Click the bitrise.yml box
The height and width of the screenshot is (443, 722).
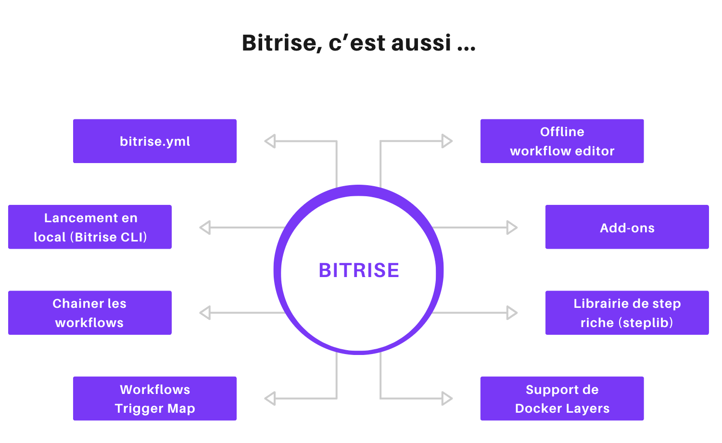coord(154,141)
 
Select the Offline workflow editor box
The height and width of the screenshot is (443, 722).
coord(562,141)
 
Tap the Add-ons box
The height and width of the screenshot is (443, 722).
coord(627,227)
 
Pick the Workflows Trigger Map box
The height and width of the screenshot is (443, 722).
coord(154,398)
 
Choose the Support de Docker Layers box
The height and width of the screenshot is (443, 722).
coord(562,398)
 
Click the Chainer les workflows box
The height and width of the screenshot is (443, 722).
coord(89,313)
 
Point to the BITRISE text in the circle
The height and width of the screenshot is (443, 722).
coord(359,270)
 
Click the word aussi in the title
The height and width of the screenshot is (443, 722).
coord(421,43)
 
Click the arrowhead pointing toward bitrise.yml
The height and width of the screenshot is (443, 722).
coord(270,141)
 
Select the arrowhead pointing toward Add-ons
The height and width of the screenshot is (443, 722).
coord(512,228)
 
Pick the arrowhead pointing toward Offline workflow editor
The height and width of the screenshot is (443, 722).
coord(447,141)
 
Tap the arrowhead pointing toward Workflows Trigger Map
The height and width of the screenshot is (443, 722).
coord(270,398)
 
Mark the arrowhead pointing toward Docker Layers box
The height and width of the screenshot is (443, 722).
coord(447,398)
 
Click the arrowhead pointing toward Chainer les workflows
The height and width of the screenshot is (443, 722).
coord(205,313)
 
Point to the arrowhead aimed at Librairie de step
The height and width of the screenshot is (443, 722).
coord(512,313)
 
